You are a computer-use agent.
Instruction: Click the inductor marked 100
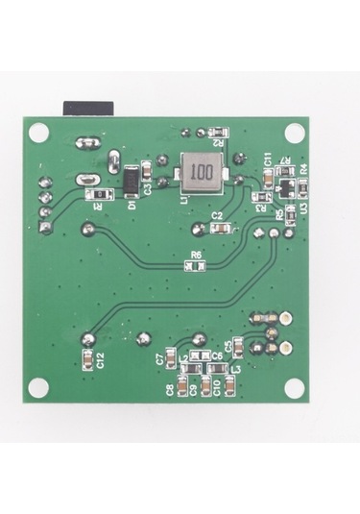tap(200, 172)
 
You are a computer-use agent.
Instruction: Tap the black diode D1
tap(130, 180)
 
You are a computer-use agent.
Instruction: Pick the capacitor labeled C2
tap(224, 229)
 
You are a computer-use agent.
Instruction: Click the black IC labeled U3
tap(286, 183)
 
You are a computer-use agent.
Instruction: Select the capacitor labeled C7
tap(174, 358)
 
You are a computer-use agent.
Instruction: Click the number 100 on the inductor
tap(200, 172)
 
